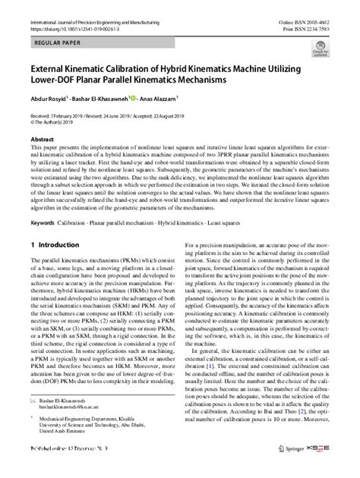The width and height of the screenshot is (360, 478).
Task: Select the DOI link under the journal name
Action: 73,12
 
